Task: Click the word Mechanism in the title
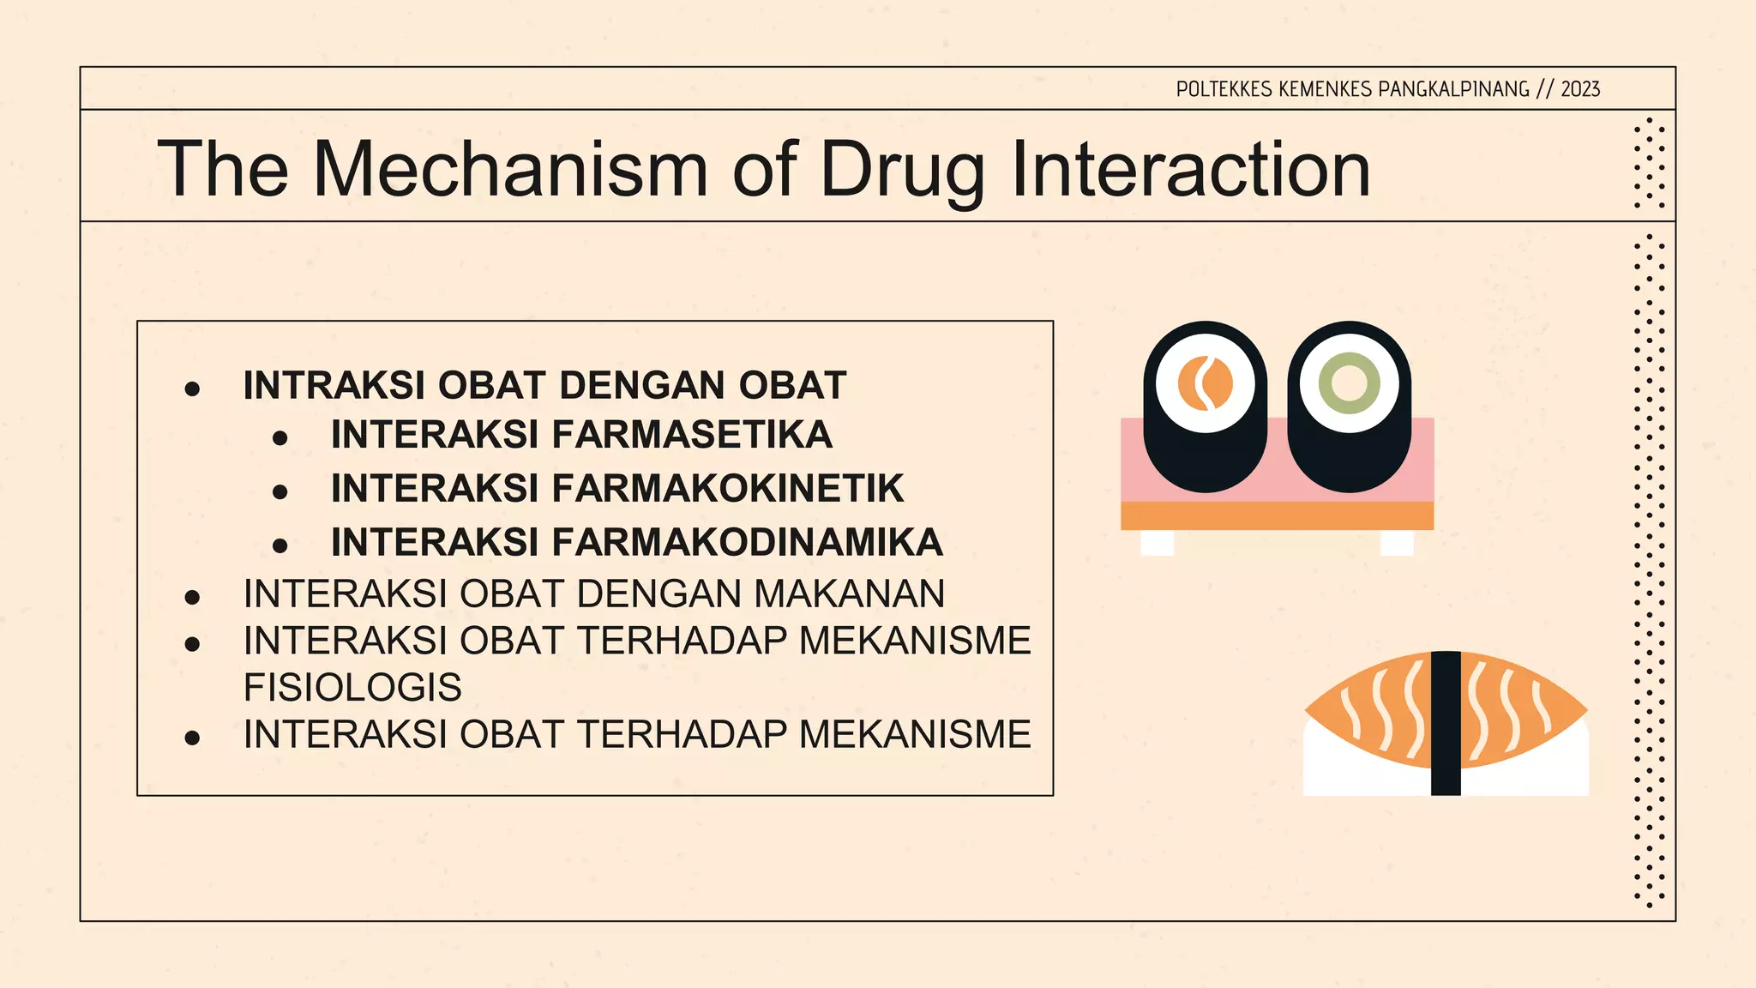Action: pyautogui.click(x=510, y=170)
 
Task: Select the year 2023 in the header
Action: pyautogui.click(x=1579, y=89)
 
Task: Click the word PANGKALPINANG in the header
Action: pyautogui.click(x=1453, y=89)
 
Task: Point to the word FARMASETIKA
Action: pyautogui.click(x=691, y=435)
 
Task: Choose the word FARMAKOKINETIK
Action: pyautogui.click(x=727, y=489)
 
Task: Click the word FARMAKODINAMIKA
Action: pyautogui.click(x=747, y=543)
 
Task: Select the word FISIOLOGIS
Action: pyautogui.click(x=352, y=688)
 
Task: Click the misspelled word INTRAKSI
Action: pyautogui.click(x=334, y=386)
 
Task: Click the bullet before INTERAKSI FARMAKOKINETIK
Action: pyautogui.click(x=280, y=492)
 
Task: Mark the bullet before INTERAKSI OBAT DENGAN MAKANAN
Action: pyautogui.click(x=192, y=597)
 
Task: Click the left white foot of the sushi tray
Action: pyautogui.click(x=1157, y=543)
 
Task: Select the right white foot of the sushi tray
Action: pyautogui.click(x=1397, y=543)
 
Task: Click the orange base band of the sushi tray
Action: pyautogui.click(x=1277, y=515)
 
